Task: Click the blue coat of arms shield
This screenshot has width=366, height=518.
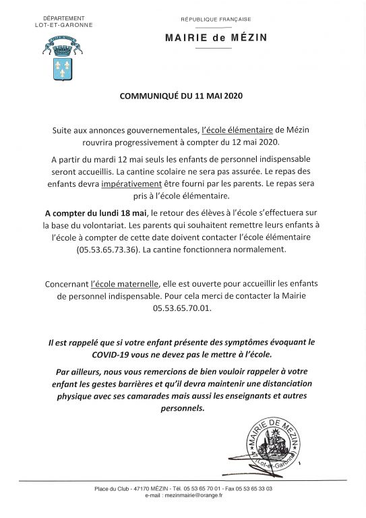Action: coord(63,69)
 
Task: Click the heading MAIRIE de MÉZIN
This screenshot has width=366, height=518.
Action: coord(216,38)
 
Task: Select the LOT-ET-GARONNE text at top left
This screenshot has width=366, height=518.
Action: coord(64,25)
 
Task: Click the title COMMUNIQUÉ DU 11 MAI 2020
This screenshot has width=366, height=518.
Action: coord(182,96)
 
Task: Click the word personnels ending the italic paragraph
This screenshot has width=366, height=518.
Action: coord(182,409)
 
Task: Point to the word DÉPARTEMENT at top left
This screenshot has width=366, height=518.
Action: coord(63,18)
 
